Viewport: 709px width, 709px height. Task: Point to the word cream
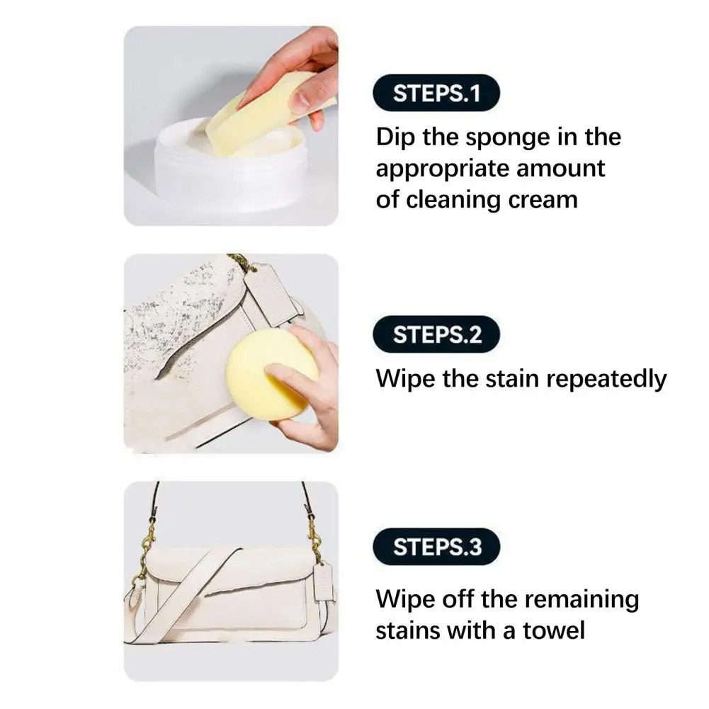544,199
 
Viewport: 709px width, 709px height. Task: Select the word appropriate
441,169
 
